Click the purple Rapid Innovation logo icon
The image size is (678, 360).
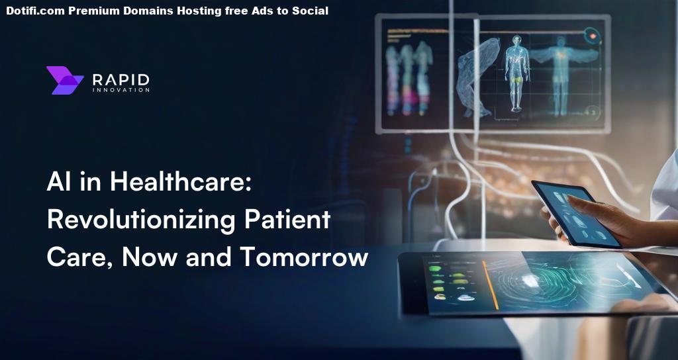[x=65, y=80]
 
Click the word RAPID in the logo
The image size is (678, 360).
[x=121, y=79]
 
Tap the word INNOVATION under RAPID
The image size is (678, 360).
[x=121, y=90]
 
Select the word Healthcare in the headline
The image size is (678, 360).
[x=180, y=181]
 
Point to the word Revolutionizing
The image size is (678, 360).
[x=141, y=220]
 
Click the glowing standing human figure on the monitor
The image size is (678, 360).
[x=517, y=73]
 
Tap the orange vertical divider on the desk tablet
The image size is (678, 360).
[x=491, y=285]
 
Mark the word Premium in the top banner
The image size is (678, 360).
[x=94, y=11]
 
